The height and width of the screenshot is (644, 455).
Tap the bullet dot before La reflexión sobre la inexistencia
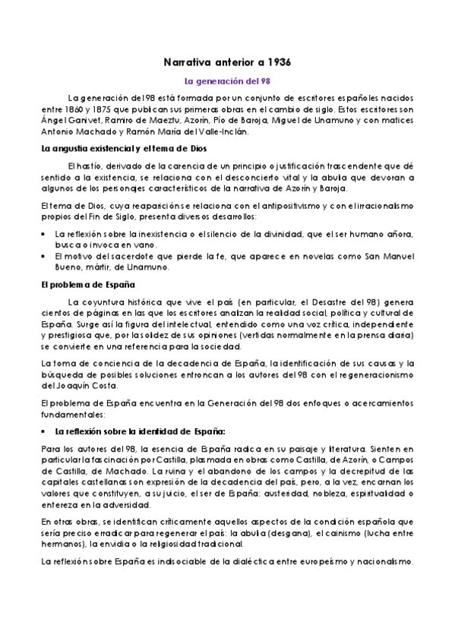coord(45,234)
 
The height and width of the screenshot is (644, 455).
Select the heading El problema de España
coord(87,285)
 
